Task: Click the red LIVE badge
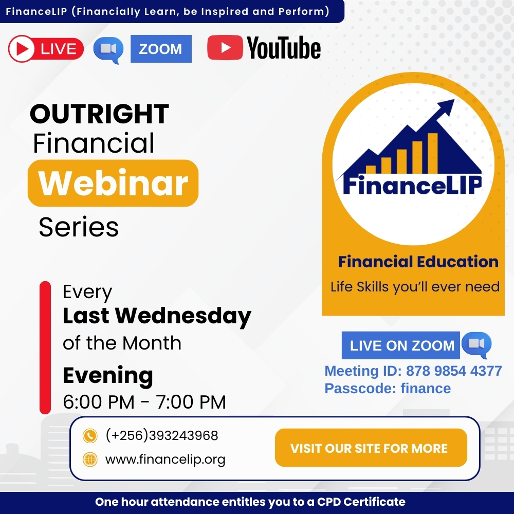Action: [x=46, y=49]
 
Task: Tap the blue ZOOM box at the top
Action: [x=161, y=49]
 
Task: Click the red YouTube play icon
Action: [x=225, y=48]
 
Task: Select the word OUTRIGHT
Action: [x=99, y=114]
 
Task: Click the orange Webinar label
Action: [x=113, y=183]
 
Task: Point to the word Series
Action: [x=79, y=227]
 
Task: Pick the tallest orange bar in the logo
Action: [x=432, y=153]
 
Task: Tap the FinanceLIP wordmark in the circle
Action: [x=412, y=185]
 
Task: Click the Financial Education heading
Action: [x=418, y=262]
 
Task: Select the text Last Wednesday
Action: [x=157, y=316]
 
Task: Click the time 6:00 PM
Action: [x=99, y=402]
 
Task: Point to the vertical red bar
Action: [x=45, y=347]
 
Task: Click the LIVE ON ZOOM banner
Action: [x=400, y=345]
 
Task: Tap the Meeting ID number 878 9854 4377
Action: [x=454, y=371]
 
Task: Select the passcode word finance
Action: [x=426, y=389]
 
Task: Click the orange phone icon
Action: [x=90, y=436]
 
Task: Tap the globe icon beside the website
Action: [x=90, y=460]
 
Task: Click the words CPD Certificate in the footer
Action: [x=361, y=502]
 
